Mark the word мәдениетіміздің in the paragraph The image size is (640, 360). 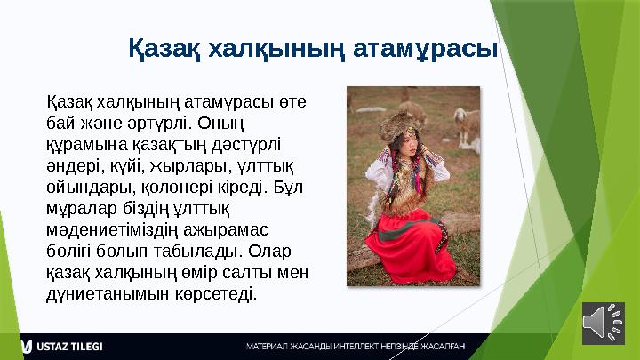[x=109, y=228]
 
